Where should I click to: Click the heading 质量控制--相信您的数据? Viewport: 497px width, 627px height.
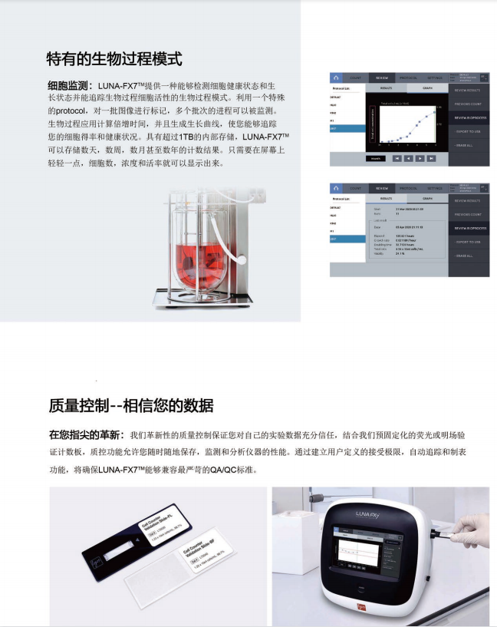click(131, 406)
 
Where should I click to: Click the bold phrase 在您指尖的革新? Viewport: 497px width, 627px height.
click(87, 434)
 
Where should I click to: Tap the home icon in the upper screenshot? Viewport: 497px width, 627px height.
click(336, 78)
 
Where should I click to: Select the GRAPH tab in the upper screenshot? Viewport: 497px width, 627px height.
click(427, 88)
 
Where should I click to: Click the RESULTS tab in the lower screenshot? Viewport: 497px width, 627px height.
click(387, 197)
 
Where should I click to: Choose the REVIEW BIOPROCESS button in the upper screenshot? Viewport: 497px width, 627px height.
click(470, 118)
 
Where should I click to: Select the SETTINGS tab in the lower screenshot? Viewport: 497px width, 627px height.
click(434, 187)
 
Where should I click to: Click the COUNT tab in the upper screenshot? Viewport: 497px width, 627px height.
click(355, 78)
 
